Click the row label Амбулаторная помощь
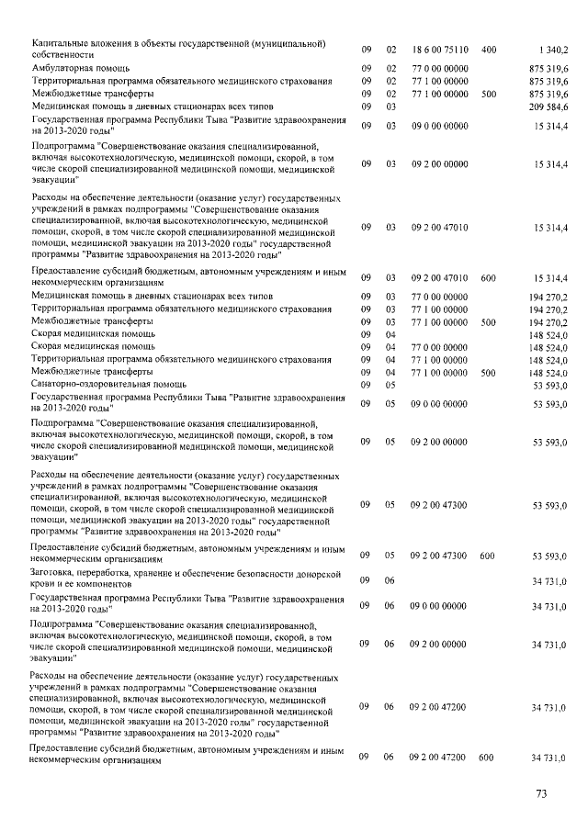click(x=74, y=68)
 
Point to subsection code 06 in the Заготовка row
click(x=390, y=580)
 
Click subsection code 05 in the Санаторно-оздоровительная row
click(x=390, y=386)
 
